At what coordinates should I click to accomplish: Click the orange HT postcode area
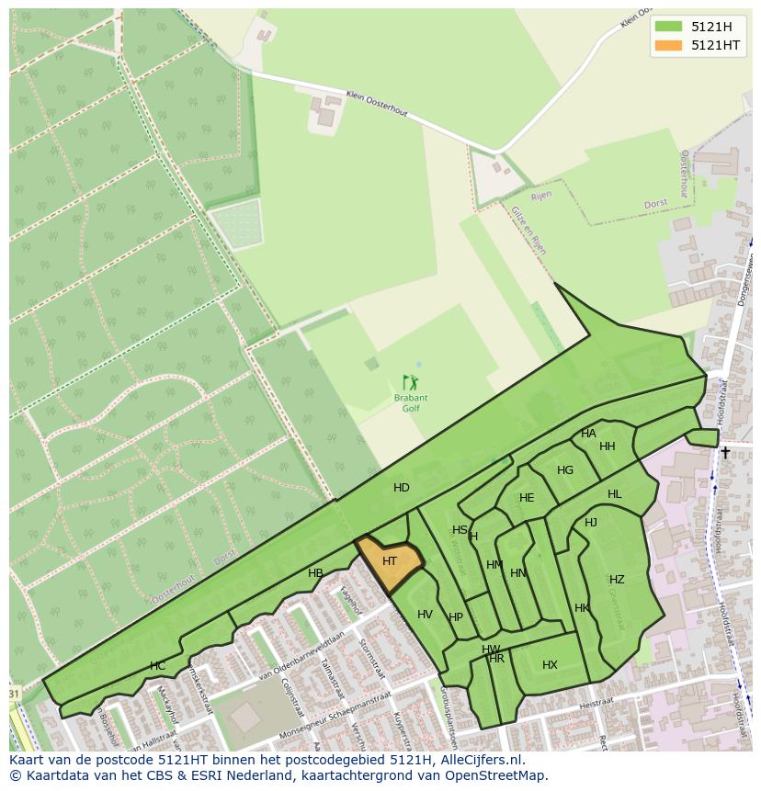click(390, 561)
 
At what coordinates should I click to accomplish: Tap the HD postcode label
click(402, 488)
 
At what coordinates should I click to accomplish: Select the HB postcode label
click(315, 573)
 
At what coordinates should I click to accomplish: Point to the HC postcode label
click(157, 666)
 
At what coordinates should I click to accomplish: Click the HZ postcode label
click(617, 580)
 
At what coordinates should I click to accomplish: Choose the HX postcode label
click(550, 665)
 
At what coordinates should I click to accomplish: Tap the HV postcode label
click(425, 615)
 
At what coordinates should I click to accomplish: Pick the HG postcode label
click(565, 470)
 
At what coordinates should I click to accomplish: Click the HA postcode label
click(588, 434)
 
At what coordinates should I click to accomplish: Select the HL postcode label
click(614, 494)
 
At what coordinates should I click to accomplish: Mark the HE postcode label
click(527, 498)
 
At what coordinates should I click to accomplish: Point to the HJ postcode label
click(591, 523)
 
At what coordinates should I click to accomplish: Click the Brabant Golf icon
click(411, 381)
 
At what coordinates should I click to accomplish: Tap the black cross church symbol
click(725, 452)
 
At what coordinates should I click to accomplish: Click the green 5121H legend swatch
click(669, 27)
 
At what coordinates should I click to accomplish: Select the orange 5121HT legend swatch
click(669, 45)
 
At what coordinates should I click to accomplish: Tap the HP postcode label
click(456, 617)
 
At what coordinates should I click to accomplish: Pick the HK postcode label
click(582, 608)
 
